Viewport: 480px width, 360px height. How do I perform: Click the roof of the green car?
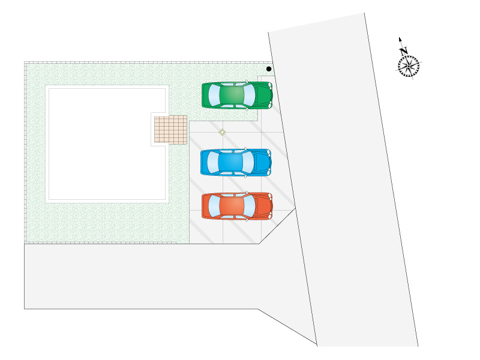coord(232,95)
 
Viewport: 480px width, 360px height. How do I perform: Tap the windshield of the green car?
coord(249,95)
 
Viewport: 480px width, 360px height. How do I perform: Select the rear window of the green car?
coord(215,95)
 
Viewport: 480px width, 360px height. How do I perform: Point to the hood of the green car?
coord(263,95)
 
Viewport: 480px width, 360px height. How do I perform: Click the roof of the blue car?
coord(230,162)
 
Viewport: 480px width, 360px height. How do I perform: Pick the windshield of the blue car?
coord(248,162)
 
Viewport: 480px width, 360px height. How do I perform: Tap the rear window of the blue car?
coord(214,162)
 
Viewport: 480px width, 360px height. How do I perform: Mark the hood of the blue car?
coord(262,162)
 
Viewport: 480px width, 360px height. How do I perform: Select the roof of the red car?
coord(232,206)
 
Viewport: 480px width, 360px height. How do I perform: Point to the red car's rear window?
coord(214,206)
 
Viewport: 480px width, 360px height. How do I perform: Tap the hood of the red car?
coord(263,206)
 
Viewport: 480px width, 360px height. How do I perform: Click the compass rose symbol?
coord(409,65)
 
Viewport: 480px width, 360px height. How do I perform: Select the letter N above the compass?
coord(404,51)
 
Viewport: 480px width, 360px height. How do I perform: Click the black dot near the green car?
coord(269,69)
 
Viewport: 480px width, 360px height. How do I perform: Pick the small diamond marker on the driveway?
coord(222,132)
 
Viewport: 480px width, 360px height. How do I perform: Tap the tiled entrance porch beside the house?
coord(170,129)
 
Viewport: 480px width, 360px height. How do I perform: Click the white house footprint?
coord(106,144)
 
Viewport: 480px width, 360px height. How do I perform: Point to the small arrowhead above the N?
coord(400,40)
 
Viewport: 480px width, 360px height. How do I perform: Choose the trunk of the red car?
coord(206,206)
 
